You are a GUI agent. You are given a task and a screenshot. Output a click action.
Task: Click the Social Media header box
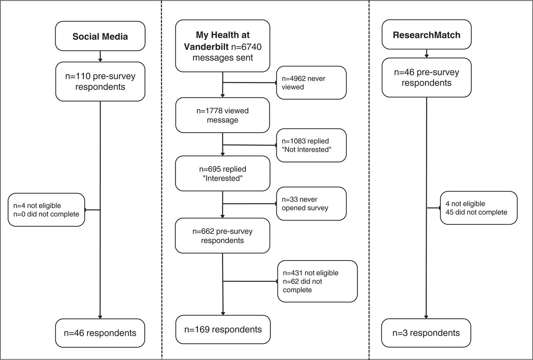(x=100, y=36)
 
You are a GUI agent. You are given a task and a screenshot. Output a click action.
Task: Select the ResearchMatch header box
(x=426, y=35)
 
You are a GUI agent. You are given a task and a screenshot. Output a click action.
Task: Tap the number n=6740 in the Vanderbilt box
(x=246, y=47)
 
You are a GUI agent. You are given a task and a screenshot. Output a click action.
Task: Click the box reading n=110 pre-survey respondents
(x=100, y=82)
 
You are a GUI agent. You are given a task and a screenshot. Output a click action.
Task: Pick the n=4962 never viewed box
(x=311, y=82)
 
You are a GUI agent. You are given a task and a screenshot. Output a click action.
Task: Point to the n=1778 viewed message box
(x=222, y=115)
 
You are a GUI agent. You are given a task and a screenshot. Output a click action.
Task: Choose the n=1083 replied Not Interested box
(x=311, y=145)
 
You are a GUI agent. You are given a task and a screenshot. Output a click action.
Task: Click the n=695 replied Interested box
(x=222, y=174)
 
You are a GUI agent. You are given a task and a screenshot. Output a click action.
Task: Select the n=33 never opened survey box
(x=311, y=204)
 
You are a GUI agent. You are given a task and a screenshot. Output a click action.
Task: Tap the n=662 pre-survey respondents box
(x=222, y=236)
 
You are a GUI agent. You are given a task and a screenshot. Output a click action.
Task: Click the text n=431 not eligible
(x=311, y=273)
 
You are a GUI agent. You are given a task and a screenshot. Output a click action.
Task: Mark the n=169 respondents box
(x=223, y=329)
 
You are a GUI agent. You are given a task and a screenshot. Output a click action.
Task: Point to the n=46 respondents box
(x=100, y=333)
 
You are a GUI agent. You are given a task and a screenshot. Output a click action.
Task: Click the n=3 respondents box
(x=426, y=333)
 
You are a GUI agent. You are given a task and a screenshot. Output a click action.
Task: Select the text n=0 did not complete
(x=46, y=214)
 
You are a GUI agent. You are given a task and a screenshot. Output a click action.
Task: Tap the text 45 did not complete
(x=476, y=212)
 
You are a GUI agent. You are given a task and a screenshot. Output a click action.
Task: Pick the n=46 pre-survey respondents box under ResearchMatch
(x=426, y=77)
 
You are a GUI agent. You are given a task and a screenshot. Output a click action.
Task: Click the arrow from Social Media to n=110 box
(x=100, y=56)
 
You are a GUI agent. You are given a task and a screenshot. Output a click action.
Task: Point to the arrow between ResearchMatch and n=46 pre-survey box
(x=426, y=54)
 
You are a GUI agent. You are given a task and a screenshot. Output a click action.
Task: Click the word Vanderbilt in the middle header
(x=206, y=47)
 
